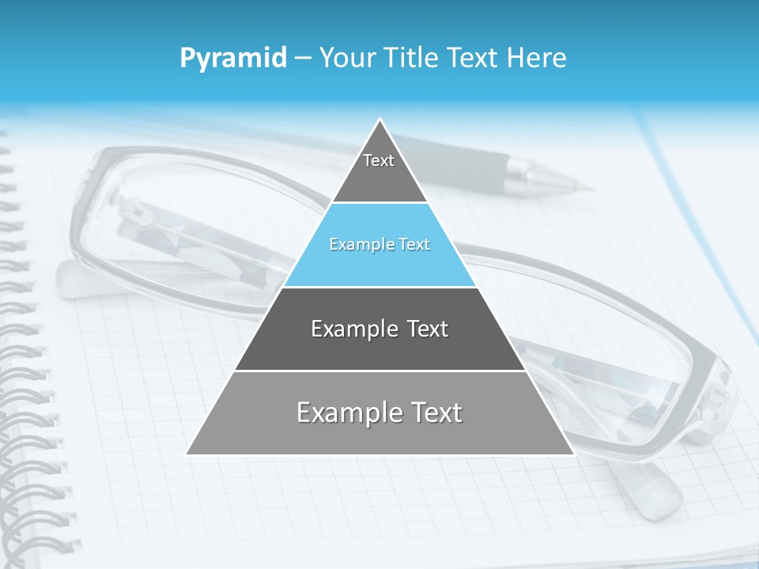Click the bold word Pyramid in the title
pos(233,58)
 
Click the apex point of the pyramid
pos(380,119)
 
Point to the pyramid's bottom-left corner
pos(187,454)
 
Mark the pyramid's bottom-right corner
pos(573,454)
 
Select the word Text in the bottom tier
pos(430,413)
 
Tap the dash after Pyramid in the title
pos(303,58)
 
